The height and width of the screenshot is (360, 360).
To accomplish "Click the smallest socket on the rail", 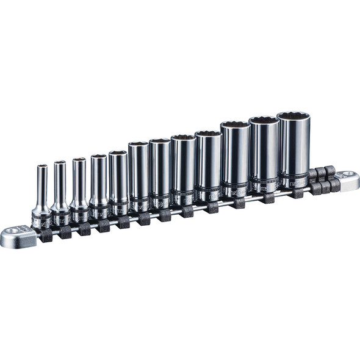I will click(41, 195).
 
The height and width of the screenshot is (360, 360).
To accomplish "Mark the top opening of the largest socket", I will click(293, 115).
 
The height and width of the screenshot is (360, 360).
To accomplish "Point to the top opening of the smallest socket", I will click(42, 167).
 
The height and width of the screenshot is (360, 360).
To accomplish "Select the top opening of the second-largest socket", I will click(264, 121).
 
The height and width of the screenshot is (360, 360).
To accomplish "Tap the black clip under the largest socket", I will click(297, 193).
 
